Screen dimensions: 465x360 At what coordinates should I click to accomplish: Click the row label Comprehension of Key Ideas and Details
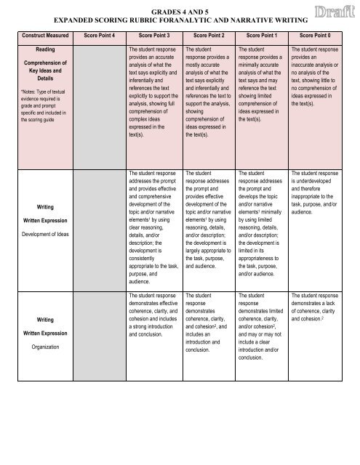(x=40, y=78)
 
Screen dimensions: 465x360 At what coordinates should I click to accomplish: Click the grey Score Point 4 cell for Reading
(x=101, y=109)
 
